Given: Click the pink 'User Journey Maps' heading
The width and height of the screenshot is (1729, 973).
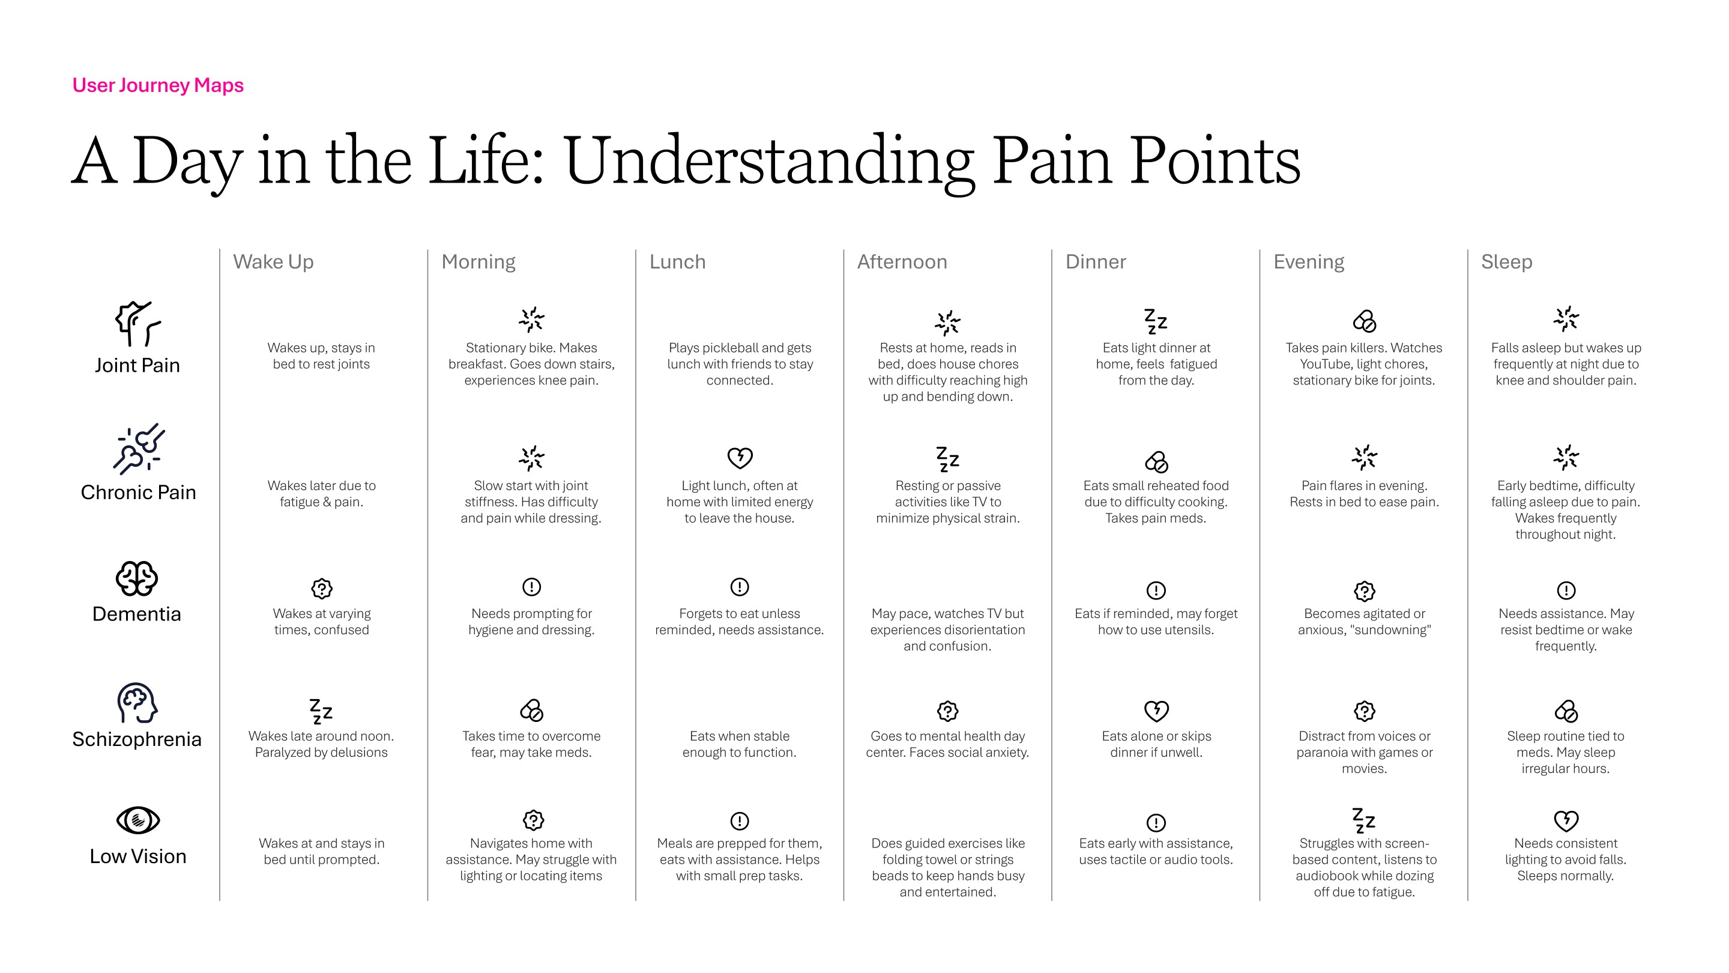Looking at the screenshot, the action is point(158,85).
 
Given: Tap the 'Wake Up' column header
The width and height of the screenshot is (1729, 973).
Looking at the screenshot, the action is point(273,262).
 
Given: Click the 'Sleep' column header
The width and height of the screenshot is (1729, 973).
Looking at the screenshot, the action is point(1506,262).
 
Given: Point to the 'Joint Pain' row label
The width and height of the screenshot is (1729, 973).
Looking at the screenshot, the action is point(137,365).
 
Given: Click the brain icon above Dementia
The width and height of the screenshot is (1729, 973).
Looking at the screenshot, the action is point(137,579).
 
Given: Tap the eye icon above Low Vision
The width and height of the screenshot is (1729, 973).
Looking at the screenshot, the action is point(137,820).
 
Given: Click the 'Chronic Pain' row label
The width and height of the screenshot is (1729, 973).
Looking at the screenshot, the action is point(138,493).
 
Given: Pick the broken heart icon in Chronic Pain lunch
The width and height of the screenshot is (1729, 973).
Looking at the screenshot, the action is point(740,458).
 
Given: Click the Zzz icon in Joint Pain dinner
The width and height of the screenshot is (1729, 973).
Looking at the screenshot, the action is point(1156,321).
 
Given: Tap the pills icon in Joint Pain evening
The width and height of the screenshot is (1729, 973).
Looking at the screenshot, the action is point(1364,321).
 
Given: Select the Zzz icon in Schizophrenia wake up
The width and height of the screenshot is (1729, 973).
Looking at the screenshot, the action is point(321,711).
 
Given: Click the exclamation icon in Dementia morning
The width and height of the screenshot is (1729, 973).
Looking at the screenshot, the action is point(531,587).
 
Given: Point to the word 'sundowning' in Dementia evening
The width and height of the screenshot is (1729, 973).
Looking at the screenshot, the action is point(1393,630).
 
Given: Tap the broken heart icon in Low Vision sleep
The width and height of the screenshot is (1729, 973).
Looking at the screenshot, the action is point(1566,820).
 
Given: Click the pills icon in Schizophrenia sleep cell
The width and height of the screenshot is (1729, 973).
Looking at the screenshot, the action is point(1566,711).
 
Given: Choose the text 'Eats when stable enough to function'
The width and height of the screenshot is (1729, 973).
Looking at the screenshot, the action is point(740,744).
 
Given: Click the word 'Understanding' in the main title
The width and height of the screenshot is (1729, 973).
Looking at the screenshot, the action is point(769,161).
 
